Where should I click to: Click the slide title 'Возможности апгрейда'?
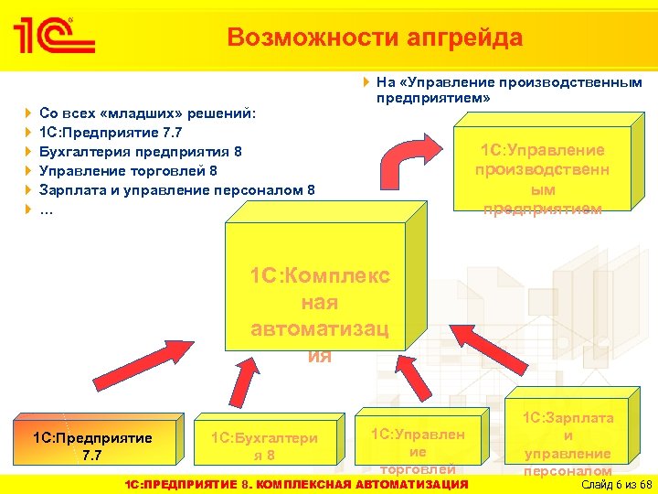(375, 38)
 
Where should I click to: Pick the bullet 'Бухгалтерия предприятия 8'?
(140, 152)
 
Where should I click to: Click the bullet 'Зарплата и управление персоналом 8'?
(176, 190)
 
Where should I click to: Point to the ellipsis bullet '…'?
(47, 209)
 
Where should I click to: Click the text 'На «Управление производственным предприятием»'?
(508, 89)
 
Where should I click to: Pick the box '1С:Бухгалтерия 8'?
(264, 446)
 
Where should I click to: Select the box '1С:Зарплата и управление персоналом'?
(568, 439)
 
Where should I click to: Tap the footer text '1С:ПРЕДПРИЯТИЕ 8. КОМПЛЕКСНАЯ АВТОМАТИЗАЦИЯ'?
(296, 483)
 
